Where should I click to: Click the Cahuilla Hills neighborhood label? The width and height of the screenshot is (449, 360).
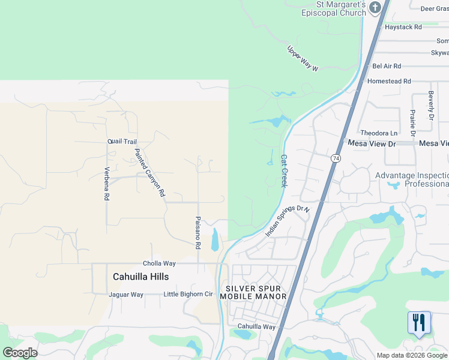(x=141, y=277)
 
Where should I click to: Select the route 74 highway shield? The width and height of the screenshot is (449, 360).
(x=336, y=158)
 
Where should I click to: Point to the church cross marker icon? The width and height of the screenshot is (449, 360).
(x=375, y=8)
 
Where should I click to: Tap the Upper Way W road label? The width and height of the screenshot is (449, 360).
(x=302, y=59)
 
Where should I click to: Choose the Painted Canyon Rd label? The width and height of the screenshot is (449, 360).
(x=149, y=173)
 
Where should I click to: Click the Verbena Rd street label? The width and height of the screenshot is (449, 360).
(x=107, y=184)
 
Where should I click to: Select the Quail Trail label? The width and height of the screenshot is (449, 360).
(x=122, y=142)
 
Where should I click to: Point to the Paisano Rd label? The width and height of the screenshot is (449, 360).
(x=197, y=233)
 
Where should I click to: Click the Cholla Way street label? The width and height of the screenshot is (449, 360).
(x=159, y=263)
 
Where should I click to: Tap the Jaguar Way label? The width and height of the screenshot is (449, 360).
(x=126, y=295)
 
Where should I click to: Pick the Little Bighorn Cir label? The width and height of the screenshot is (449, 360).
(x=188, y=295)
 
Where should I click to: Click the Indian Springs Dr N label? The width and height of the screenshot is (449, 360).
(x=288, y=221)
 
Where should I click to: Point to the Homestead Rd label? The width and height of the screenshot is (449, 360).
(x=389, y=81)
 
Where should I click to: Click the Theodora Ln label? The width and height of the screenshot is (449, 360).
(x=379, y=133)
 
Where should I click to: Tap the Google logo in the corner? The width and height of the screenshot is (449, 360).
(x=20, y=352)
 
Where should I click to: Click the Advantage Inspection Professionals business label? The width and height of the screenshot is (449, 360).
(x=412, y=179)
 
